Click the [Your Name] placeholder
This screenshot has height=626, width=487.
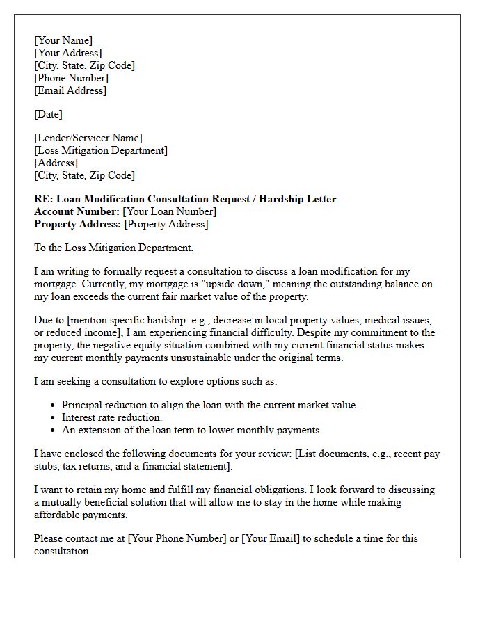tap(63, 40)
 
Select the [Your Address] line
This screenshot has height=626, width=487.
tap(68, 53)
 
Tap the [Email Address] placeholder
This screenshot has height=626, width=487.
tap(70, 90)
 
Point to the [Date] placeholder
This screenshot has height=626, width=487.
tap(48, 114)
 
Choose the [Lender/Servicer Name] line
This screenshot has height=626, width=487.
tap(88, 138)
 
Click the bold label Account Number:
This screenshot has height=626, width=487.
tap(77, 211)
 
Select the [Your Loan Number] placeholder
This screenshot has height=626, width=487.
tap(170, 211)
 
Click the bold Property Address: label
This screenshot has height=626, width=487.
tap(77, 224)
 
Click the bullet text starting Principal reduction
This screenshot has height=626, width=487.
tap(209, 405)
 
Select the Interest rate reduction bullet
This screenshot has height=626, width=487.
tap(111, 417)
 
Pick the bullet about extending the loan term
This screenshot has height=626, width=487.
tap(191, 430)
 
